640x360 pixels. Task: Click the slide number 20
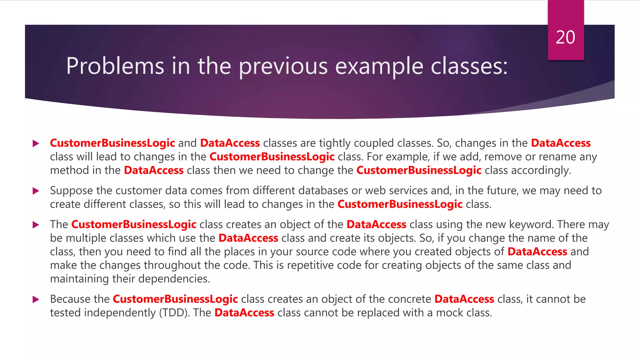(x=565, y=37)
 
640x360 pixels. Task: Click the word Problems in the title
(x=115, y=66)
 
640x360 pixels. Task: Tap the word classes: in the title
(x=469, y=66)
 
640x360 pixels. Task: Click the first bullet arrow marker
(x=36, y=143)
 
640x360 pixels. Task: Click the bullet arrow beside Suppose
(x=36, y=191)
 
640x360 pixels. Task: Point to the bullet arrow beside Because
(x=36, y=300)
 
